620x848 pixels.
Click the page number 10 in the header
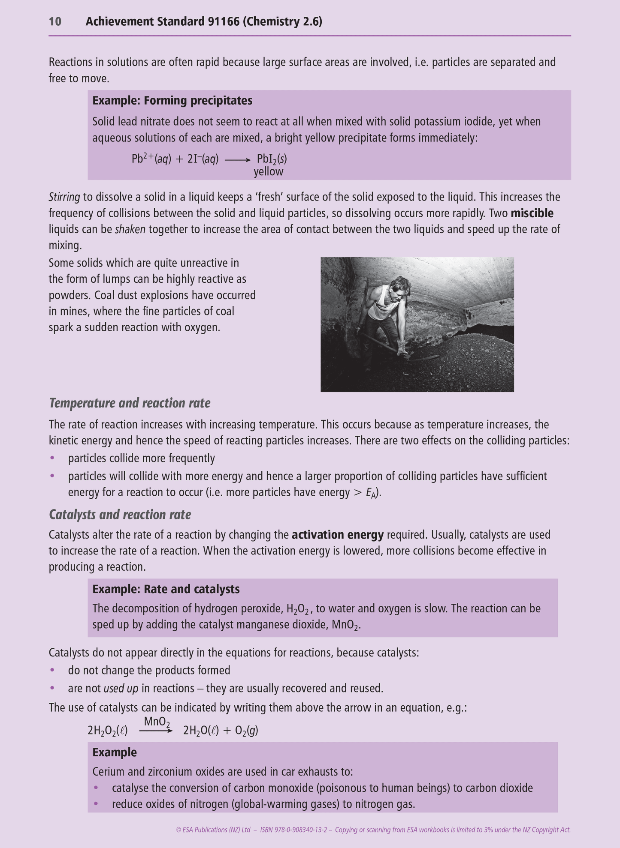(x=55, y=21)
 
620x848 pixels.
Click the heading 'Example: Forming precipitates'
(x=172, y=101)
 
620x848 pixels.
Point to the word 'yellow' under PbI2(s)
(x=269, y=172)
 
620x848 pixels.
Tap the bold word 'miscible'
(x=532, y=213)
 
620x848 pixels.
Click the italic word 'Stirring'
(x=64, y=197)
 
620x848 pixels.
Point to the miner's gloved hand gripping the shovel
(x=402, y=349)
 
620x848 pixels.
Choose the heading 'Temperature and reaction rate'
(x=130, y=403)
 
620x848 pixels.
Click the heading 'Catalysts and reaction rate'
(x=120, y=514)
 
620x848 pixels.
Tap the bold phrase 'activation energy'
(x=337, y=535)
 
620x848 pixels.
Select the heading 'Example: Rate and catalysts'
(x=166, y=589)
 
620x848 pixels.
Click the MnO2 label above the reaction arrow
(x=157, y=722)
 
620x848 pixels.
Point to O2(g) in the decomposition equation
(x=246, y=731)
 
